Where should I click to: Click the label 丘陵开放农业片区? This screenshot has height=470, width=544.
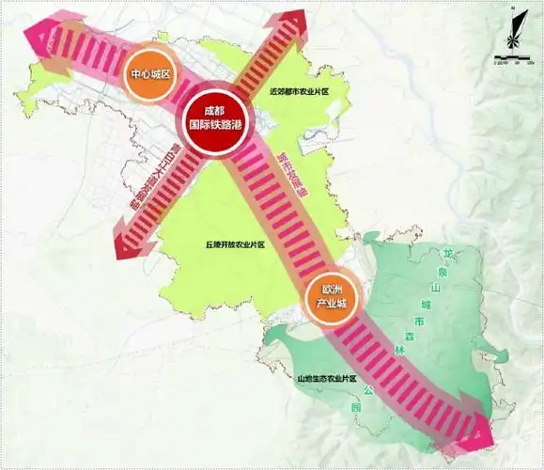236,244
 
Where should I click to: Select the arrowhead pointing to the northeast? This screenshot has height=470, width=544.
299,23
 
